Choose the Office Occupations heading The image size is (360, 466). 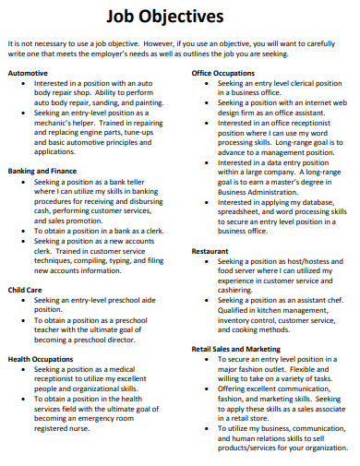(223, 72)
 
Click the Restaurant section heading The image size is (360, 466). (210, 250)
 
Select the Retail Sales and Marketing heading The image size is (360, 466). (236, 350)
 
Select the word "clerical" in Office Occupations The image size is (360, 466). (301, 83)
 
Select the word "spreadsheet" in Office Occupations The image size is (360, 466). (242, 211)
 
